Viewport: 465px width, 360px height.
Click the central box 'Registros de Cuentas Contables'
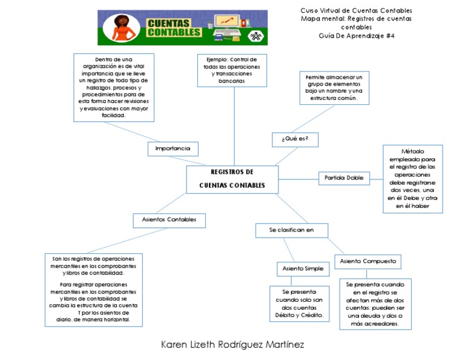click(232, 179)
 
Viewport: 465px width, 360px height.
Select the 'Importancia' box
click(173, 148)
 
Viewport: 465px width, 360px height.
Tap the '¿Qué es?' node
click(295, 139)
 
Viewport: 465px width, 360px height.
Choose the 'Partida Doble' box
click(343, 178)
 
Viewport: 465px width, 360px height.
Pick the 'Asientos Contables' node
click(169, 220)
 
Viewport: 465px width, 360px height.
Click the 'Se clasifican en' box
click(292, 230)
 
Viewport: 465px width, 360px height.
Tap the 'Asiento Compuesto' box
click(368, 261)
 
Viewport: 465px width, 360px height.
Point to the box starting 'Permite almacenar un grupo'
click(334, 88)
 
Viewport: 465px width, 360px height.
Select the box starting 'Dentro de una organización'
click(114, 87)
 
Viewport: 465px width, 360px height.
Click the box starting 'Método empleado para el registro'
click(412, 179)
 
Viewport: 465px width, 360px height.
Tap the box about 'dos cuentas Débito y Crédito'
click(298, 304)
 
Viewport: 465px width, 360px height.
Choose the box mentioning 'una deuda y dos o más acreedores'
click(375, 304)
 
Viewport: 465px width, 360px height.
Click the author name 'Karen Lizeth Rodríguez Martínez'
click(232, 344)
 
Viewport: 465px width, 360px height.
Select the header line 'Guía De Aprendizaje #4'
click(357, 36)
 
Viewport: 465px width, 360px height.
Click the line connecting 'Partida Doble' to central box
click(298, 178)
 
